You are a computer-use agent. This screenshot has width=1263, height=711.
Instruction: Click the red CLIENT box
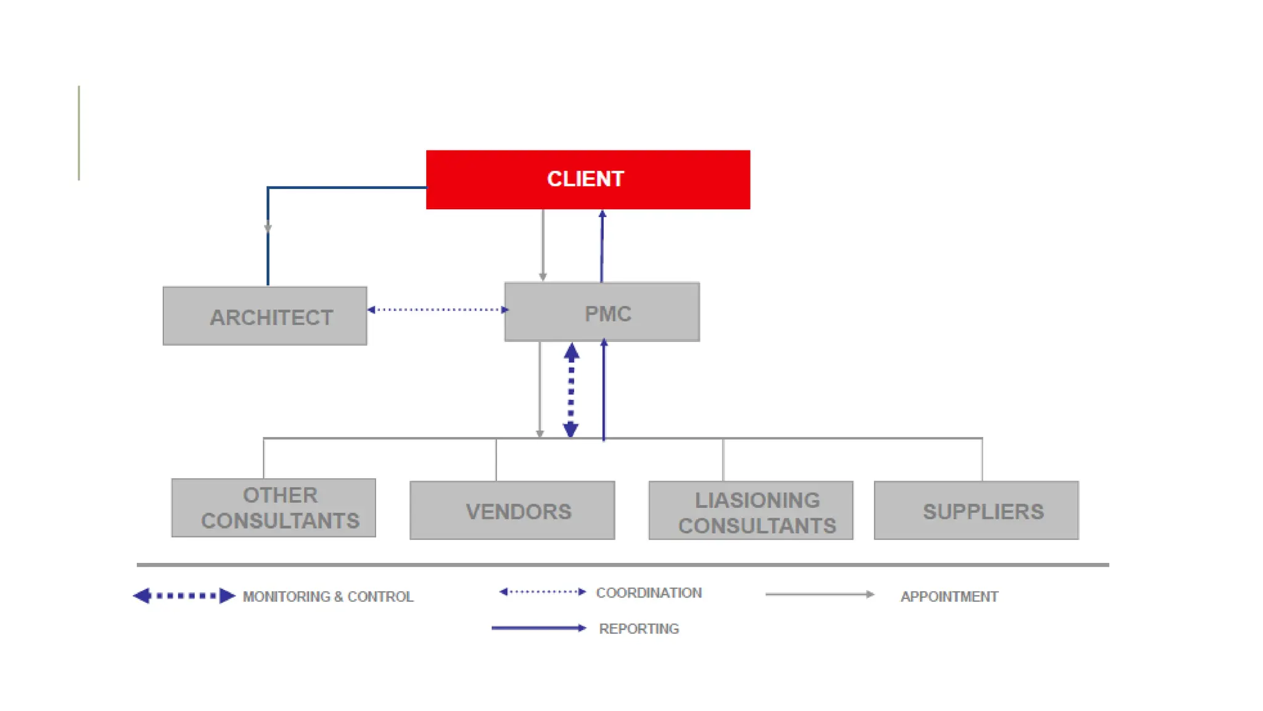coord(588,180)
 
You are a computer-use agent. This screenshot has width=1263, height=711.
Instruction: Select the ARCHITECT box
coord(265,316)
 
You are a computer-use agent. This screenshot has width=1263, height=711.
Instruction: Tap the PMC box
coord(602,312)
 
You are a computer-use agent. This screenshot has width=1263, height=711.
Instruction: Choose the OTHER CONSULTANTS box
coord(273,507)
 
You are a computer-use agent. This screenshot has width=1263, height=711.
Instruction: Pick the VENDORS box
coord(512,510)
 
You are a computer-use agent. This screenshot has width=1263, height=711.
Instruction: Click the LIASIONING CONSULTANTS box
coord(751,510)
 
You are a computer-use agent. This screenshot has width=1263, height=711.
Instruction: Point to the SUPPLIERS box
coord(976,510)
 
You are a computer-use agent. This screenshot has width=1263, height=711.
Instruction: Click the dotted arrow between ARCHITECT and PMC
coord(438,310)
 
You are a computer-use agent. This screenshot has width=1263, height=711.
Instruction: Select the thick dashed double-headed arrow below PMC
coord(571,390)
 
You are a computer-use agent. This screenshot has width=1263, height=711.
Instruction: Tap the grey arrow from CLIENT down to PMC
coord(543,246)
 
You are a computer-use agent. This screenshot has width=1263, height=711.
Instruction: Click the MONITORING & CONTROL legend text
coord(327,597)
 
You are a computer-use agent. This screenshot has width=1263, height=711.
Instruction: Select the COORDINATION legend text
coord(649,593)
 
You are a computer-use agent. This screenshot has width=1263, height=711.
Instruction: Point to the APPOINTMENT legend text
coord(949,597)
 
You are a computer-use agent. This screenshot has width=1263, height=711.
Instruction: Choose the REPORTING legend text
coord(639,629)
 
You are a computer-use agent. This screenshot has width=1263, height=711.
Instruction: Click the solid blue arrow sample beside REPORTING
coord(538,628)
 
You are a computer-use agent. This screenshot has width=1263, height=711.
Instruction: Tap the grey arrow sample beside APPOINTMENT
coord(820,594)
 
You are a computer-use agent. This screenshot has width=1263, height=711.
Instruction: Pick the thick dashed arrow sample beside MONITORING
coord(184,596)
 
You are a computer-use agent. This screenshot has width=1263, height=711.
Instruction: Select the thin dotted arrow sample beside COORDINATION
coord(542,592)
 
